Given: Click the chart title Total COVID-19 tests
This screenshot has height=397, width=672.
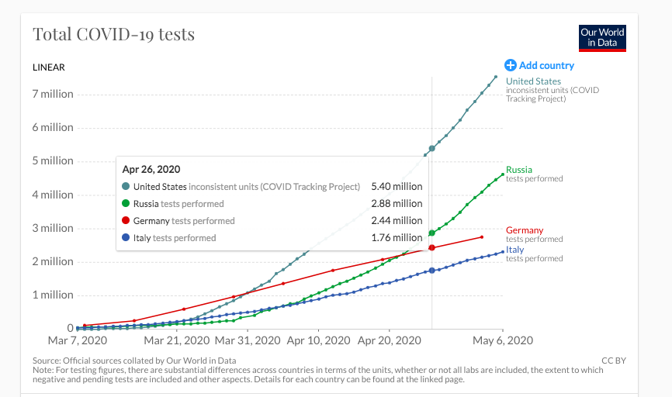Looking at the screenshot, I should click(x=113, y=35).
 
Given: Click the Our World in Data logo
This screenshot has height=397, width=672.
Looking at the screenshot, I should click(x=602, y=38).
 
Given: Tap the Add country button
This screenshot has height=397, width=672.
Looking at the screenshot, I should click(x=539, y=66).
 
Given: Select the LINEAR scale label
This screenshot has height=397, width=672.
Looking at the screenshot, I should click(x=49, y=67).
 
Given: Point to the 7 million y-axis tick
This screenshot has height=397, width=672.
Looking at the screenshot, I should click(x=53, y=94).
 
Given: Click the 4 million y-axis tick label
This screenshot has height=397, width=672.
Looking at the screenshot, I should click(x=53, y=195).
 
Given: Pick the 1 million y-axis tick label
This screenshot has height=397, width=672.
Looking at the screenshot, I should click(x=53, y=295).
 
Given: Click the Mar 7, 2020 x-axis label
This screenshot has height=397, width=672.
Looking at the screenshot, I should click(x=77, y=340).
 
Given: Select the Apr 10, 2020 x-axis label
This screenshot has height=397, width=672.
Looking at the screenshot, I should click(x=319, y=340).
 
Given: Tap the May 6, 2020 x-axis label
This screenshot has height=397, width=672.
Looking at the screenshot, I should click(x=501, y=340).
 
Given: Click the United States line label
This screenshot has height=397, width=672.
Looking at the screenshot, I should click(x=533, y=81).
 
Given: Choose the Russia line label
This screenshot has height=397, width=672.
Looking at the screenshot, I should click(x=519, y=170).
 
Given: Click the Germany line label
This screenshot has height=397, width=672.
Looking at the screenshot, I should click(x=525, y=230).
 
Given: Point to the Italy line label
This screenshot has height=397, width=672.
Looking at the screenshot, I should click(x=514, y=250).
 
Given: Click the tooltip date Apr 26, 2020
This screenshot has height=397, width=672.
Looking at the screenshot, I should click(x=151, y=169).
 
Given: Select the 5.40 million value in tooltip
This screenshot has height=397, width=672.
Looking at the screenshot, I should click(x=397, y=186).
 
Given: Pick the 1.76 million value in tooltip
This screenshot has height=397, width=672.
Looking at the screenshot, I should click(x=397, y=238).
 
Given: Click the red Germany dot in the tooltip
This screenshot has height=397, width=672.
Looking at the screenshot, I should click(x=126, y=221).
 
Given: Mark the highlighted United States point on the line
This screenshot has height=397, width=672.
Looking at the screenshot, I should click(x=431, y=148).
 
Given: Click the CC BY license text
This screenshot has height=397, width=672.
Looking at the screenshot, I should click(x=614, y=361).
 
